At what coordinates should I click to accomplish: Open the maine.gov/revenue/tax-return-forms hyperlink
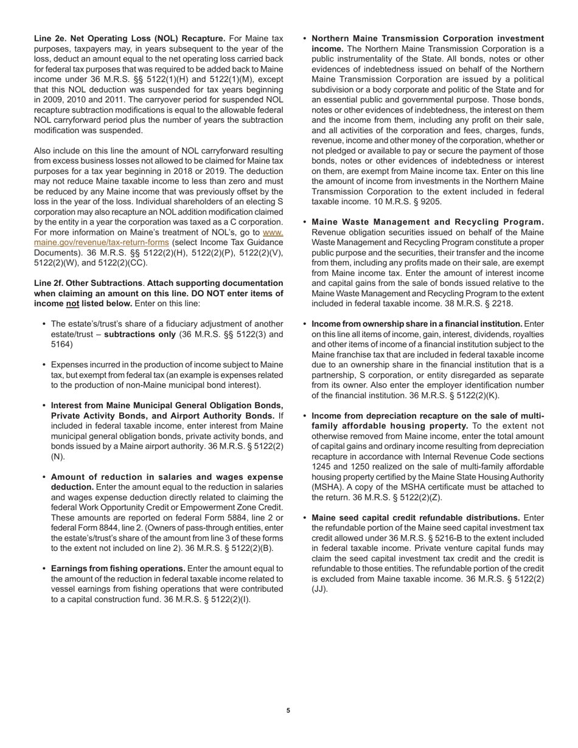coord(101,242)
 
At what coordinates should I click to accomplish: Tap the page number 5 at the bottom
coord(288,710)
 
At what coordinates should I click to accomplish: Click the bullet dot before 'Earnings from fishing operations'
coord(44,569)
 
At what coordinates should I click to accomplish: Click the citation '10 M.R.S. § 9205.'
coord(407,201)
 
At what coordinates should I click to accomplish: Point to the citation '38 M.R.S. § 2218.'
coord(476,303)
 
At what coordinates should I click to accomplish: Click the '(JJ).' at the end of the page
coord(319,589)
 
